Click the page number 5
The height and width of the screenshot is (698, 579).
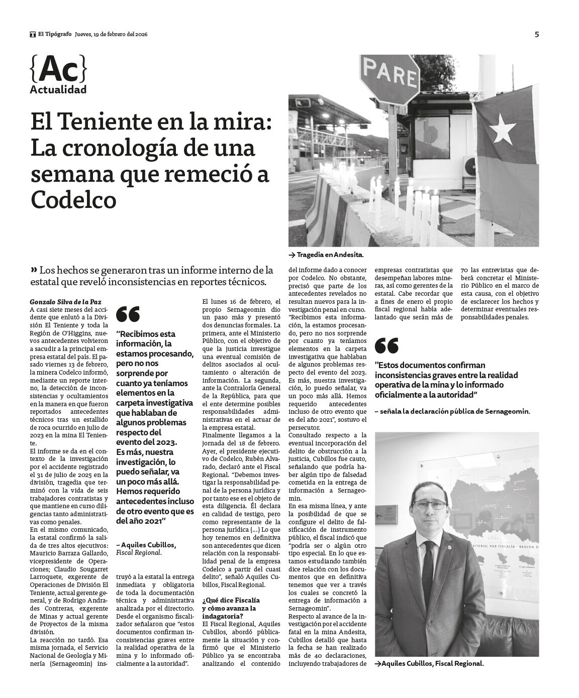coord(537,35)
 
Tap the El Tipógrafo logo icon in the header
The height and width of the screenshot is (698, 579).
coord(33,35)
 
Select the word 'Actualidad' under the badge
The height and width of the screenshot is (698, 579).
coord(58,90)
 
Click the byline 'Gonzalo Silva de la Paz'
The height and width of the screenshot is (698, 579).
coord(65,302)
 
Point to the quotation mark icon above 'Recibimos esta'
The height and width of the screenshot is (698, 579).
coord(128,314)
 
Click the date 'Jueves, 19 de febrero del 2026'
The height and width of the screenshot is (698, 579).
coord(111,35)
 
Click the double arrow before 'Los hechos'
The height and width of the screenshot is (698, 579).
coord(34,268)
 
